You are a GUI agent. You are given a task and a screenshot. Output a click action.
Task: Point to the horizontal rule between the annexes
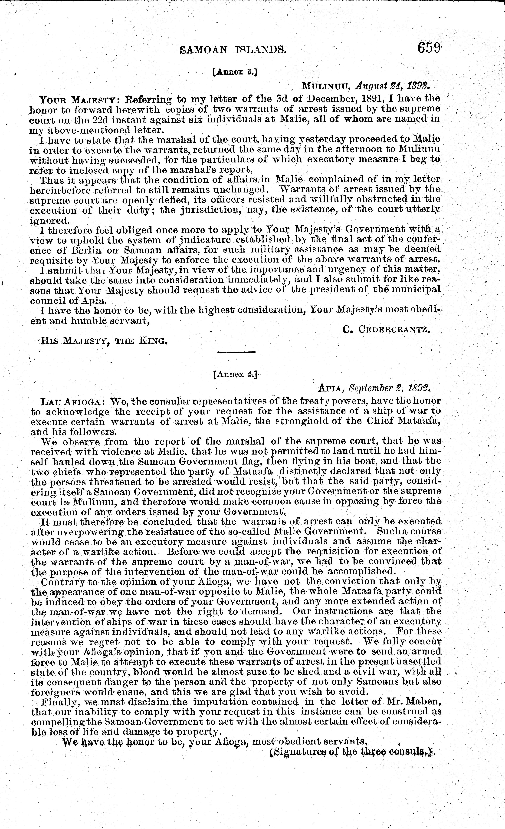point(237,352)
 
